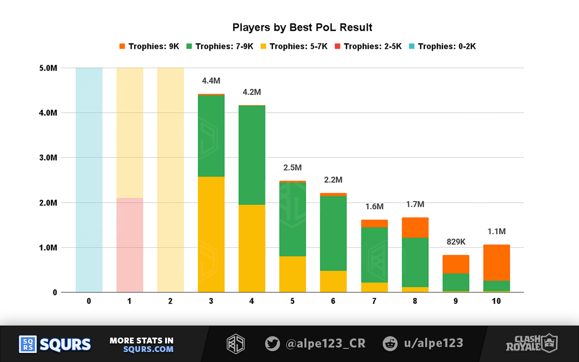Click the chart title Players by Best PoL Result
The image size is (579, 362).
point(302,28)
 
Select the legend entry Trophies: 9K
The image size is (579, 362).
point(149,46)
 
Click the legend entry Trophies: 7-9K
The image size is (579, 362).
point(220,46)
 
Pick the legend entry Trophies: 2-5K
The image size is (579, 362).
point(368,46)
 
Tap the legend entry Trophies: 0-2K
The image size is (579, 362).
point(442,46)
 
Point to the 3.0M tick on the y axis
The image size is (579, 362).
point(47,157)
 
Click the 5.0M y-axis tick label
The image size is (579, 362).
point(47,68)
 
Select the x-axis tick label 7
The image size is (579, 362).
point(374,301)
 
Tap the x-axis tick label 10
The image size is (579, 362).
point(496,301)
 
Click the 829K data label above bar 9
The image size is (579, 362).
point(456,242)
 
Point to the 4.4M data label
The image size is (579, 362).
point(211,81)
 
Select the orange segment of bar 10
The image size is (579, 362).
point(496,262)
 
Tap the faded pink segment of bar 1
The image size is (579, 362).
point(130,245)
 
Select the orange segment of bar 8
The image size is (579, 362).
point(415,228)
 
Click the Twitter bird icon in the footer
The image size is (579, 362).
point(272,343)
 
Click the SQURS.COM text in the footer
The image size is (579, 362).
point(142,349)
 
